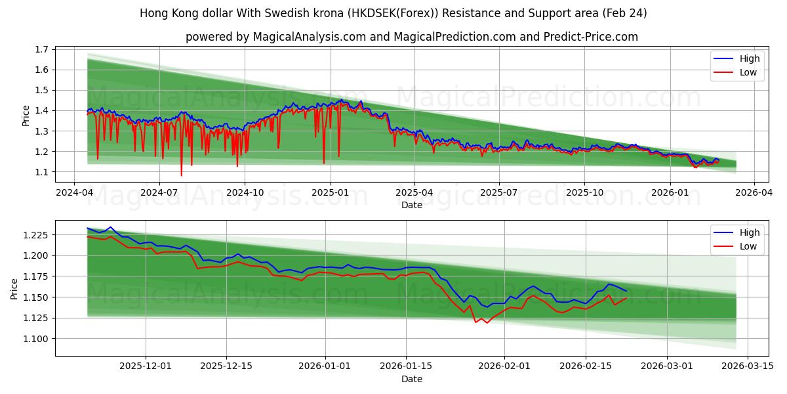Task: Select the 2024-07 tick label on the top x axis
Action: [159, 193]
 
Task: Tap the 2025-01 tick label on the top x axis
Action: [330, 193]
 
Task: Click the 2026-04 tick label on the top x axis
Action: [754, 193]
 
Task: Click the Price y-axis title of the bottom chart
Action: [14, 288]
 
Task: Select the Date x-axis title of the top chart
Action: [412, 205]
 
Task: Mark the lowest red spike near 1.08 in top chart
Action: [182, 175]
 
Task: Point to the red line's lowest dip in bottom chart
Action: [487, 323]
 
